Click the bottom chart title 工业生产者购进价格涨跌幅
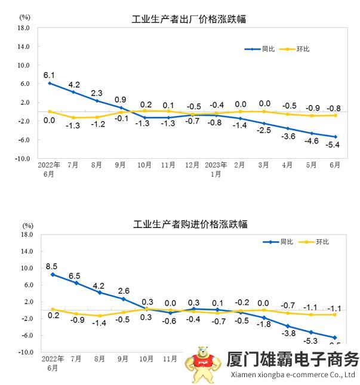(x=190, y=224)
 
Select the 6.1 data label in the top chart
(x=49, y=75)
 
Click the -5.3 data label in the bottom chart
(x=310, y=341)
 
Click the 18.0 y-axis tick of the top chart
(x=23, y=27)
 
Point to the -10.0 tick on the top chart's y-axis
(x=22, y=159)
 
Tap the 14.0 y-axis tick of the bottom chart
(x=26, y=251)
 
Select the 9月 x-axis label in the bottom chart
(x=123, y=359)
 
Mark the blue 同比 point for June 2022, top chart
(x=49, y=83)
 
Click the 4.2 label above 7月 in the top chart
(x=74, y=84)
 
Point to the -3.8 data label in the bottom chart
(x=289, y=333)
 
